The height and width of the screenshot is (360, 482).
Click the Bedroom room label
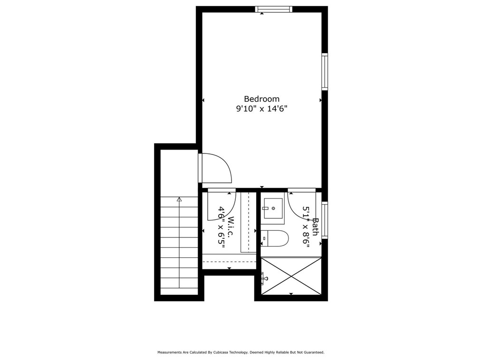coord(261,99)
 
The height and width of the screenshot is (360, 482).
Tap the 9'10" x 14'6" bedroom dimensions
coord(261,109)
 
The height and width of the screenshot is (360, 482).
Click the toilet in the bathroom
coord(275,238)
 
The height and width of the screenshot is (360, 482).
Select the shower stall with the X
coord(291,275)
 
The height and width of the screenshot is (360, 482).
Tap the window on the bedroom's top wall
coord(273,9)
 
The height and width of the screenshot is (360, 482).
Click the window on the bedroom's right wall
coord(325,71)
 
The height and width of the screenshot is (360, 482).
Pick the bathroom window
coord(325,220)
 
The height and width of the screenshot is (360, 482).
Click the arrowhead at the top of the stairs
coord(179,199)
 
